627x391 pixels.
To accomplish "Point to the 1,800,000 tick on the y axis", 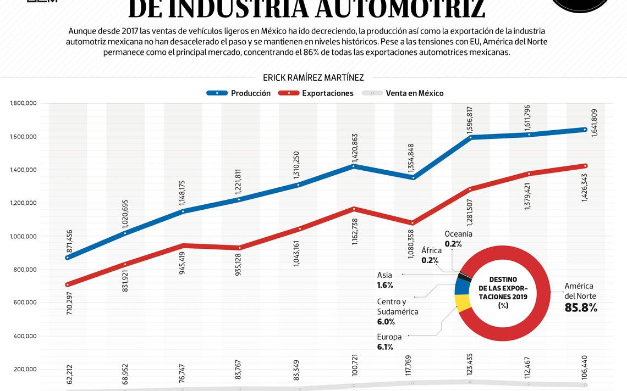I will (23, 103).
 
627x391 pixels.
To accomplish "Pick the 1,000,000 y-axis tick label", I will (23, 236).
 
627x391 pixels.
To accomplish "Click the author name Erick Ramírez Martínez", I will (313, 78).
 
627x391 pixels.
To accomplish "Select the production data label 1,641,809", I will (594, 122).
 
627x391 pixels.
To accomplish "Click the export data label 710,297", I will (69, 303).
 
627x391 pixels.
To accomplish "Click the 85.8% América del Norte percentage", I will (580, 308).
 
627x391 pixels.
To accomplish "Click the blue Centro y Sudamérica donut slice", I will (461, 287).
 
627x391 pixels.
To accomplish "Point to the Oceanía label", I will (458, 234).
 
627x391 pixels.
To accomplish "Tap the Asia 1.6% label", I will (385, 280).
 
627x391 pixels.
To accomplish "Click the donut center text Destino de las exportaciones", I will (502, 293).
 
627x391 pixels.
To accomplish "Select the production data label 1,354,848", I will (411, 158).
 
